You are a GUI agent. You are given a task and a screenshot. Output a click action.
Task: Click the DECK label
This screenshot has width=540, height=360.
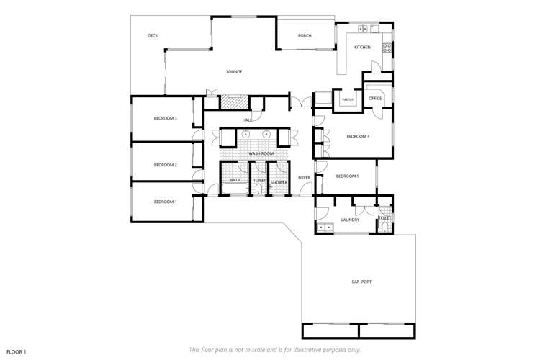(x=153, y=35)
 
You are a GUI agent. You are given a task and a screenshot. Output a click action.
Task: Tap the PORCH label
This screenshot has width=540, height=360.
(x=305, y=35)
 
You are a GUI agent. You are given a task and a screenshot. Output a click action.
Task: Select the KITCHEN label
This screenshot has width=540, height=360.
(x=362, y=48)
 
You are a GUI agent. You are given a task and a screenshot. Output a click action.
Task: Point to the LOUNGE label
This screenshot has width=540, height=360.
(x=234, y=72)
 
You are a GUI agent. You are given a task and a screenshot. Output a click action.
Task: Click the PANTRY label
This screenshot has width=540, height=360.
(x=348, y=100)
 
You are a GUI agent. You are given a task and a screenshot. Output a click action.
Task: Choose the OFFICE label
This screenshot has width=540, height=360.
(x=375, y=98)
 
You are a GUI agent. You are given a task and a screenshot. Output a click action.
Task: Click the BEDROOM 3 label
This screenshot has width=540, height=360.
(x=166, y=118)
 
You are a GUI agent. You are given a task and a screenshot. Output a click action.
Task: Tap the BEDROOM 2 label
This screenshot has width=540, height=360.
(x=166, y=165)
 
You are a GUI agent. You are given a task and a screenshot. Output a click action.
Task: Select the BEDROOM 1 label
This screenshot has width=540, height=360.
(x=166, y=202)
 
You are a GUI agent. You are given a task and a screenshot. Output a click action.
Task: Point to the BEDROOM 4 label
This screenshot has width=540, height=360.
(x=358, y=136)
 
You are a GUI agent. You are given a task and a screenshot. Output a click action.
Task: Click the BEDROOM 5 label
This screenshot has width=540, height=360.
(x=348, y=176)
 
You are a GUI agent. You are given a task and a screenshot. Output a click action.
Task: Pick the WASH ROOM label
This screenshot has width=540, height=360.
(x=261, y=153)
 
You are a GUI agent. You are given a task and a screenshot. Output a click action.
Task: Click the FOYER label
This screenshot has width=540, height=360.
(x=304, y=178)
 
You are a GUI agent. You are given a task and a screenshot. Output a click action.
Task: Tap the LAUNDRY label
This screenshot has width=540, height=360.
(x=350, y=220)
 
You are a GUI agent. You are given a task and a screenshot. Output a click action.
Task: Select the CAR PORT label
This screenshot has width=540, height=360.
(x=361, y=282)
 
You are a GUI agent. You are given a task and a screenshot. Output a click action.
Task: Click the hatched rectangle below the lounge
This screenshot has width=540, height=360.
(x=234, y=102)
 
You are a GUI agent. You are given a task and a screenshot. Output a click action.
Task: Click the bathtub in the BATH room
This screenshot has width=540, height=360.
(x=235, y=188)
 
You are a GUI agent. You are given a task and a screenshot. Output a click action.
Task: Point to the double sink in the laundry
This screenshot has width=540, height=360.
(x=325, y=228)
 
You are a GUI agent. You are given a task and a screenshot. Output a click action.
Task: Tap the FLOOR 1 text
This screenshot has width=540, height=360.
(x=16, y=352)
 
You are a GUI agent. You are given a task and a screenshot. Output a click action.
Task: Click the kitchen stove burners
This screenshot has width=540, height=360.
(x=387, y=48)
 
